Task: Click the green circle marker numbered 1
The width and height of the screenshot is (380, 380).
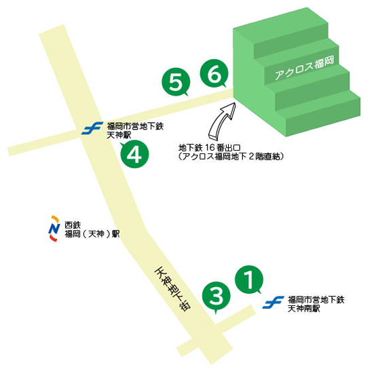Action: (x=248, y=278)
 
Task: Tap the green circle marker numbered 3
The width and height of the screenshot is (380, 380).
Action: (x=216, y=296)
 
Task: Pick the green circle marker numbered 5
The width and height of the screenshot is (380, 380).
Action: (x=175, y=83)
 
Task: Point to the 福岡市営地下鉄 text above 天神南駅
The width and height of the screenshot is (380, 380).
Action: (x=316, y=299)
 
